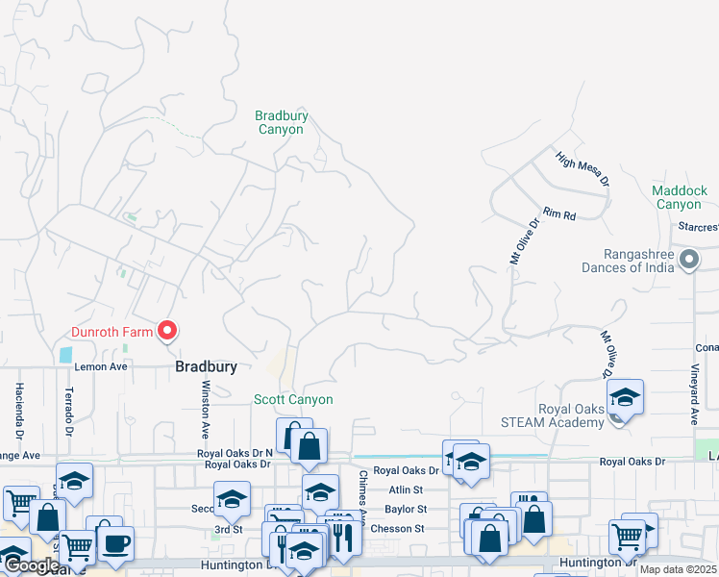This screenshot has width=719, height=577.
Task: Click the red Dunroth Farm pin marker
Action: tap(167, 331)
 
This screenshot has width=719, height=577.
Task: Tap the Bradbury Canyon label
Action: tap(282, 122)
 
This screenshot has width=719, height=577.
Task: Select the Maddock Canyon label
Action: tap(679, 197)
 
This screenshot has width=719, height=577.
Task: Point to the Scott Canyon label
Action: tap(293, 399)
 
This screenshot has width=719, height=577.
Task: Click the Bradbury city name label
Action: tap(206, 367)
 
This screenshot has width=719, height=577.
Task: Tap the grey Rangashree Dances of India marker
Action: tap(688, 259)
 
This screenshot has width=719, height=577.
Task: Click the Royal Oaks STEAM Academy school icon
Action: tap(624, 397)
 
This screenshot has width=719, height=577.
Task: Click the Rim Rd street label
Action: tap(558, 213)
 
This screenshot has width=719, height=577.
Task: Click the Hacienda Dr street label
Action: tap(18, 405)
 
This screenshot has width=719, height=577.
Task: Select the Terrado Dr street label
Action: tap(68, 407)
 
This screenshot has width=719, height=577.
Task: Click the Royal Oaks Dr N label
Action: tap(235, 453)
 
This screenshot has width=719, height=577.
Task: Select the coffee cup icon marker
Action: tap(115, 543)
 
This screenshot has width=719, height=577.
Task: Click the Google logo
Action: tap(31, 565)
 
